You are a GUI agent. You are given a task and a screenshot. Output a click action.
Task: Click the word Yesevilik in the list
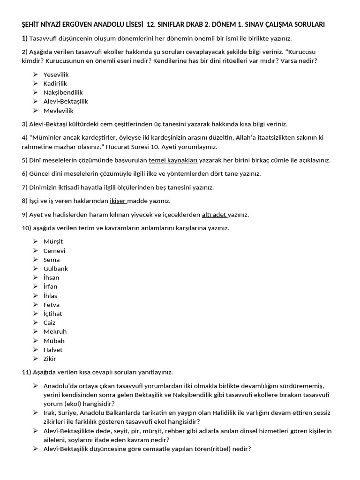click(x=56, y=74)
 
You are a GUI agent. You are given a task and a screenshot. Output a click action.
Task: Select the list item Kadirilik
click(x=55, y=83)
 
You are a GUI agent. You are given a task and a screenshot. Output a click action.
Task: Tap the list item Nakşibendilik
click(x=63, y=92)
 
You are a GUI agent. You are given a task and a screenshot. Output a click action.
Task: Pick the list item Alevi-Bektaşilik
click(x=66, y=101)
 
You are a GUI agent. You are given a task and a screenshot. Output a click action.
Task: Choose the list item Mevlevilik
click(x=58, y=111)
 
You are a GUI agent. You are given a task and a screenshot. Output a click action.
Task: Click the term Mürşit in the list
click(x=53, y=241)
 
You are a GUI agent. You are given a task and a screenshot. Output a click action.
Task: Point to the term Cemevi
click(x=54, y=251)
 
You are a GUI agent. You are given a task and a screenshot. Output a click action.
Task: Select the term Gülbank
click(x=56, y=269)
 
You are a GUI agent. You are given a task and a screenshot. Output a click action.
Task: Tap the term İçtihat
click(x=52, y=314)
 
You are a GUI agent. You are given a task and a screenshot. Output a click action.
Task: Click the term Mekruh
click(x=55, y=331)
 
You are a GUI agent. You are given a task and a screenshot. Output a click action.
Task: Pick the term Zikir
click(x=50, y=359)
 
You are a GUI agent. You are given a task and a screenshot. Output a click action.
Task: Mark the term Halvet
click(x=53, y=350)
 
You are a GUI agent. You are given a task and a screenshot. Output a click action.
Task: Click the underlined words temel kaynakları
click(x=173, y=160)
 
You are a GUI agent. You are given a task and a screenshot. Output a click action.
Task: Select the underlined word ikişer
click(x=118, y=201)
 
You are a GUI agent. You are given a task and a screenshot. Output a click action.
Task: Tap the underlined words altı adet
click(x=214, y=215)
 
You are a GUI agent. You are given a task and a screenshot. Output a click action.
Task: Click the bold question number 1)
click(x=24, y=38)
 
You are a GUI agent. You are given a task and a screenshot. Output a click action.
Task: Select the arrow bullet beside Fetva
click(x=36, y=305)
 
